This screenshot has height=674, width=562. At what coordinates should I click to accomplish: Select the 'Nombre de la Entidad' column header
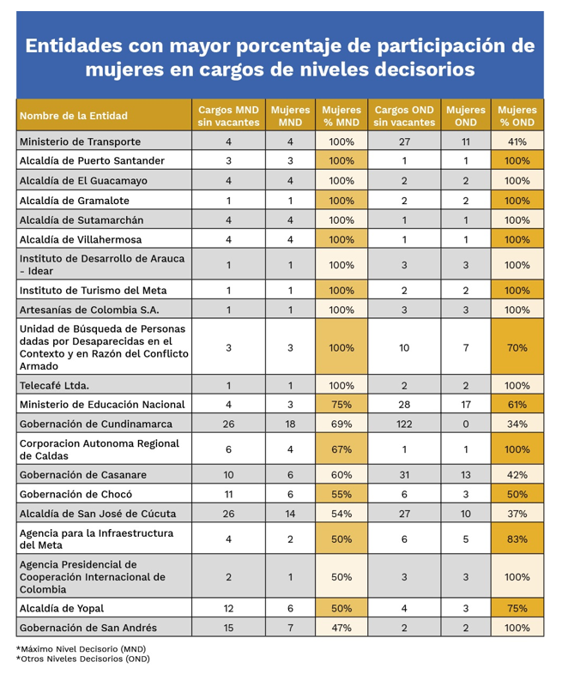(x=74, y=116)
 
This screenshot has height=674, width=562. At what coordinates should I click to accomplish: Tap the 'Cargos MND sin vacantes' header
(x=228, y=116)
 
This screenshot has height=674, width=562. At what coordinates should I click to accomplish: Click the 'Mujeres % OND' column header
(x=517, y=116)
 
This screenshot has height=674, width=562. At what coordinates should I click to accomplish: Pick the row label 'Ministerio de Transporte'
(x=80, y=141)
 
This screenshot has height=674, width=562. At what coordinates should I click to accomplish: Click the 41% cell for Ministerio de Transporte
(x=517, y=141)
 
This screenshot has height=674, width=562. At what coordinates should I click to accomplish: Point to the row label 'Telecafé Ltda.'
(x=54, y=386)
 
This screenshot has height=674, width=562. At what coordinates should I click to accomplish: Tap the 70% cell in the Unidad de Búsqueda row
(x=517, y=348)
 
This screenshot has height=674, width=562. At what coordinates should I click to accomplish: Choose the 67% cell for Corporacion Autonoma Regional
(x=341, y=449)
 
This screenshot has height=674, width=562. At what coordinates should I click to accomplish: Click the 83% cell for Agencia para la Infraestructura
(x=517, y=539)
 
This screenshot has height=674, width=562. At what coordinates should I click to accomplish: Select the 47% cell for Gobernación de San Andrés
(x=341, y=629)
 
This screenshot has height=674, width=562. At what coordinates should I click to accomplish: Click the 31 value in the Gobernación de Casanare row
(x=404, y=475)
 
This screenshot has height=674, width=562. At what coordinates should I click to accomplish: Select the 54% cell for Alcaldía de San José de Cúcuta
(x=341, y=514)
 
